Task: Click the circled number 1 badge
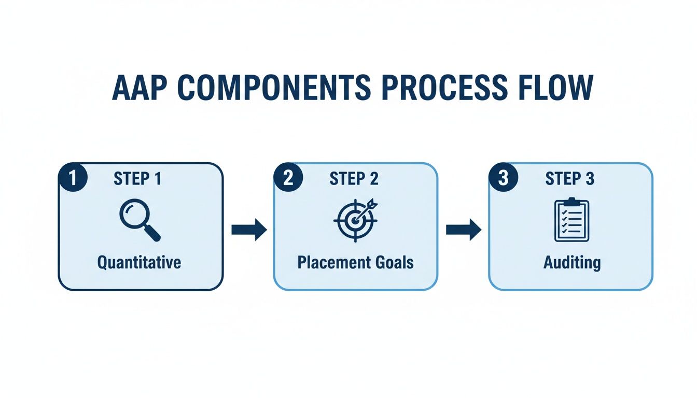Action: [73, 178]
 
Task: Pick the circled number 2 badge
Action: [289, 178]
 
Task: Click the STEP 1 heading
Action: [137, 179]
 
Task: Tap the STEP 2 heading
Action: [354, 179]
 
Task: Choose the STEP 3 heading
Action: [569, 179]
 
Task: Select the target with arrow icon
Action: [355, 220]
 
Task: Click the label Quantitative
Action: [140, 262]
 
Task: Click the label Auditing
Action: [571, 262]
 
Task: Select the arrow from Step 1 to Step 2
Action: [248, 229]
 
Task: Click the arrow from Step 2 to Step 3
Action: [463, 229]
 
